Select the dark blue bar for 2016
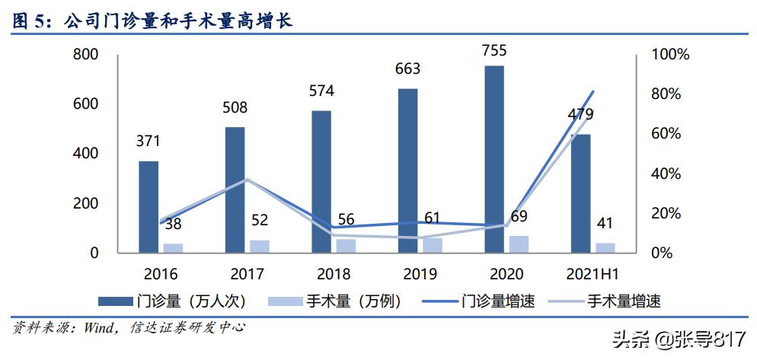[149, 206]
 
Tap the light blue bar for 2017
[260, 246]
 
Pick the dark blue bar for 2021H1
[581, 193]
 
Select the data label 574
[321, 91]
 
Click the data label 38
[173, 225]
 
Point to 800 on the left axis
[85, 55]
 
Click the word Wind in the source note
[97, 329]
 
